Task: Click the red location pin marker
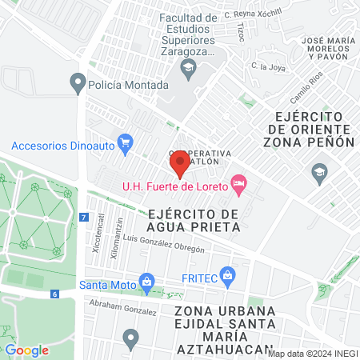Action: pos(179,165)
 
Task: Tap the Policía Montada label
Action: pos(129,84)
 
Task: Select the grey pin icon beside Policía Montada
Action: pos(78,82)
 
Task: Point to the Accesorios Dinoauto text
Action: pos(62,146)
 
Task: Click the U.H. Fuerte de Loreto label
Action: pos(174,187)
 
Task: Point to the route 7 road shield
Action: pos(83,218)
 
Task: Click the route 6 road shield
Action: pos(54,294)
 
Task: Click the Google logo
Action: pos(26,350)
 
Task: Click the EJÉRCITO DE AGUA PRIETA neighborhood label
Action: pos(194,221)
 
